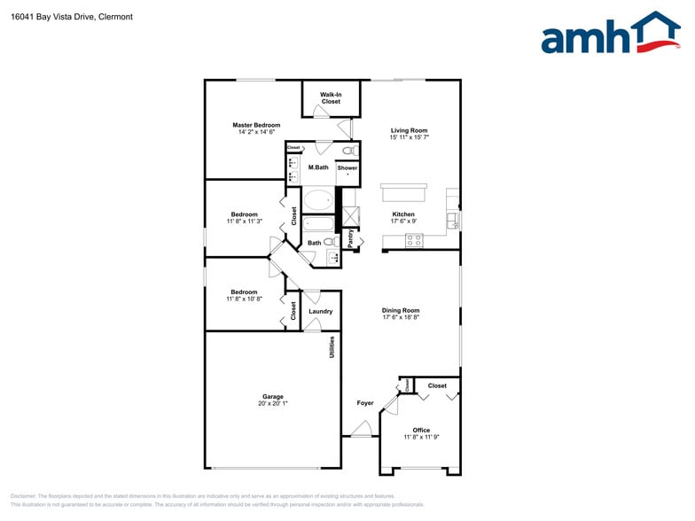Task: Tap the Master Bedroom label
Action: pyautogui.click(x=256, y=125)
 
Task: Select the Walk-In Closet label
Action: pyautogui.click(x=331, y=97)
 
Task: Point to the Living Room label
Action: pyautogui.click(x=409, y=130)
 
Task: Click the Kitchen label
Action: pyautogui.click(x=403, y=214)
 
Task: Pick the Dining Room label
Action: pyautogui.click(x=401, y=310)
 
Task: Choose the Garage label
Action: pyautogui.click(x=272, y=396)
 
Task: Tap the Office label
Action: pyautogui.click(x=421, y=431)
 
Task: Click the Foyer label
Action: pyautogui.click(x=365, y=403)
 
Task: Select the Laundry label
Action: pyautogui.click(x=321, y=311)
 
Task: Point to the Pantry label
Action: pyautogui.click(x=351, y=238)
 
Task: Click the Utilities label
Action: pyautogui.click(x=332, y=346)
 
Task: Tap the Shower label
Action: pyautogui.click(x=347, y=167)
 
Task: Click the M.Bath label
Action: pyautogui.click(x=318, y=167)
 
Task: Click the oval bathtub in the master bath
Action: pyautogui.click(x=318, y=199)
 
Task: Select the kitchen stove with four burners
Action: pyautogui.click(x=414, y=239)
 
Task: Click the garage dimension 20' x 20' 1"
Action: pyautogui.click(x=272, y=403)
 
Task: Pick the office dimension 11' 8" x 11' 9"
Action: pyautogui.click(x=421, y=438)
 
